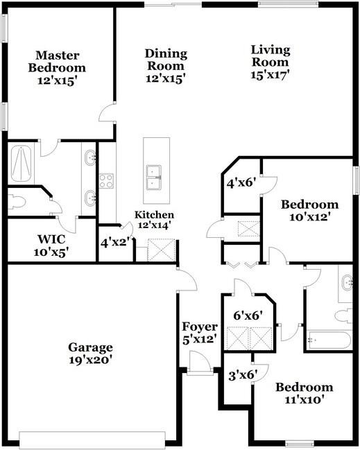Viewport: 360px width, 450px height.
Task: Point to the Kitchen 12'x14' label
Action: tap(154, 220)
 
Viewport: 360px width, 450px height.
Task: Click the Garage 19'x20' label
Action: tap(90, 354)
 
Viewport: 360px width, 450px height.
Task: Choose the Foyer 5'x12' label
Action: tap(200, 333)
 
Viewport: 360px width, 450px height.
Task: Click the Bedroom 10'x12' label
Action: tap(309, 210)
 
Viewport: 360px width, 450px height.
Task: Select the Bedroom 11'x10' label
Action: tap(304, 393)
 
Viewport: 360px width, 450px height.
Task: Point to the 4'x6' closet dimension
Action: tap(241, 184)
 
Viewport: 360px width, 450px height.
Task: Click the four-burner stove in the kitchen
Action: tap(107, 181)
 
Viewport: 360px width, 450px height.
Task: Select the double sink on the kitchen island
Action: tap(154, 178)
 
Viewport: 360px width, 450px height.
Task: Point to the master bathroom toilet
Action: tap(17, 202)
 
